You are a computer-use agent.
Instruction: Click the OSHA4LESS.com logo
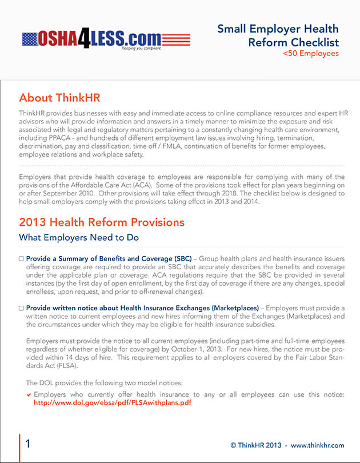click(x=106, y=39)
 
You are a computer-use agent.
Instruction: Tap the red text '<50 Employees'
click(x=311, y=54)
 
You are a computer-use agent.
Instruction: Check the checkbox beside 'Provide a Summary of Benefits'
click(x=21, y=259)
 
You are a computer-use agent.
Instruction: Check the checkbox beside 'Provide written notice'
click(x=21, y=308)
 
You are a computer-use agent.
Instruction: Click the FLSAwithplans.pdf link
click(x=112, y=402)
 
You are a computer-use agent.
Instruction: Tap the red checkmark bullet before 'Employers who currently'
click(x=29, y=394)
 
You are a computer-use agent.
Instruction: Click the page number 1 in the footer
click(x=28, y=444)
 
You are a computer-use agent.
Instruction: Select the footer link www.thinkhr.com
click(x=318, y=445)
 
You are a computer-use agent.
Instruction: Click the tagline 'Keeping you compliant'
click(x=141, y=49)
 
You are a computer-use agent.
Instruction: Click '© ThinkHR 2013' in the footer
click(x=257, y=445)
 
